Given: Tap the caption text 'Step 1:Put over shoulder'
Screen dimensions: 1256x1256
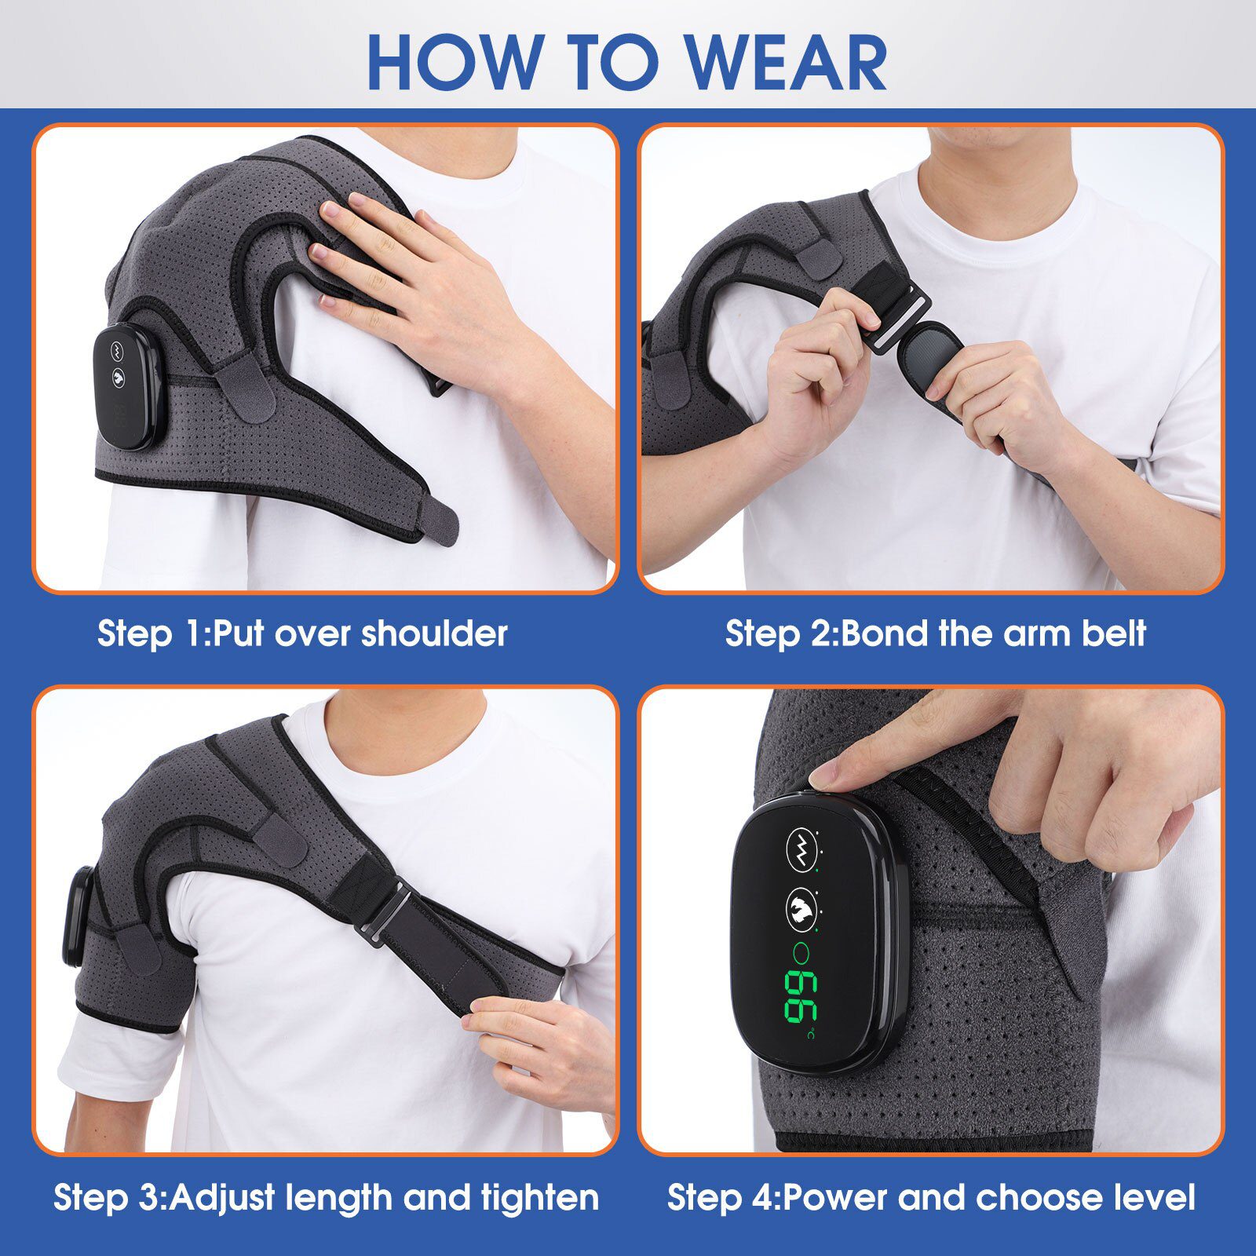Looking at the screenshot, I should (302, 633).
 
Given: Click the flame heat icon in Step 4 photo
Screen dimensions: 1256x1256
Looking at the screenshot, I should (800, 908).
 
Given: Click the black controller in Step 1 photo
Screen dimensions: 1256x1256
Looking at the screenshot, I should (129, 389).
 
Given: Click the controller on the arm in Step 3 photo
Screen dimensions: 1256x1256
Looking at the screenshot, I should (76, 918).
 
